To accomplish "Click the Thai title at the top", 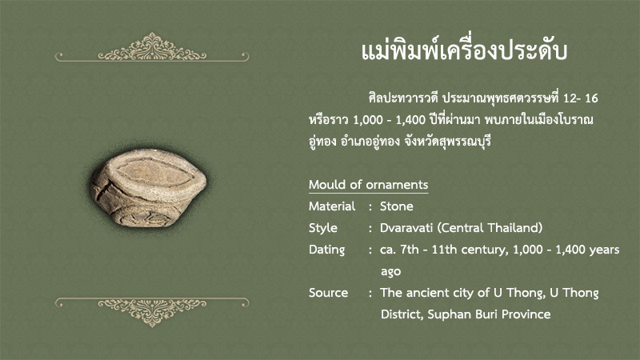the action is point(464,50).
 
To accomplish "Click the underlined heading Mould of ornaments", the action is point(368,185).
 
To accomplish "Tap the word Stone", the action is point(396,206).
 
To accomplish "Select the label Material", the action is point(332,206).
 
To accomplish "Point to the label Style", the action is point(323,228).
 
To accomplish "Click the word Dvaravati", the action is point(406,228).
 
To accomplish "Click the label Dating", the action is point(326,250).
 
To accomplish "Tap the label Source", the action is point(328,293).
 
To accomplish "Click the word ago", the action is point(390,272).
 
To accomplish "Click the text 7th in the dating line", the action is point(409,250).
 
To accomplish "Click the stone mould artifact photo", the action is point(149,188).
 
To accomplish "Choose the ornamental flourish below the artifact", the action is point(152,312).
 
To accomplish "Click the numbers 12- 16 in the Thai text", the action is point(581,98).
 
